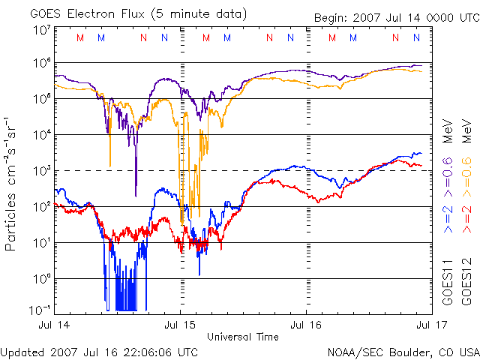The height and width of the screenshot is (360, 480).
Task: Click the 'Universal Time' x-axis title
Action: coord(242,337)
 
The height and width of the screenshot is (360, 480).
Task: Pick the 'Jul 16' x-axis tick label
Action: coord(306,325)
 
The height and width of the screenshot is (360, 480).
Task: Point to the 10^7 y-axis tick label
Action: coord(41,30)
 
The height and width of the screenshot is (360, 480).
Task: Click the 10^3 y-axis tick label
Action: coord(41,171)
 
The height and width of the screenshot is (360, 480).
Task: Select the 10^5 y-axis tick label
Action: coord(41,100)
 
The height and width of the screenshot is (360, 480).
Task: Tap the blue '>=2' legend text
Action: coord(448,217)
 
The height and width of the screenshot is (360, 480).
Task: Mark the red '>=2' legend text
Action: coord(466,217)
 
